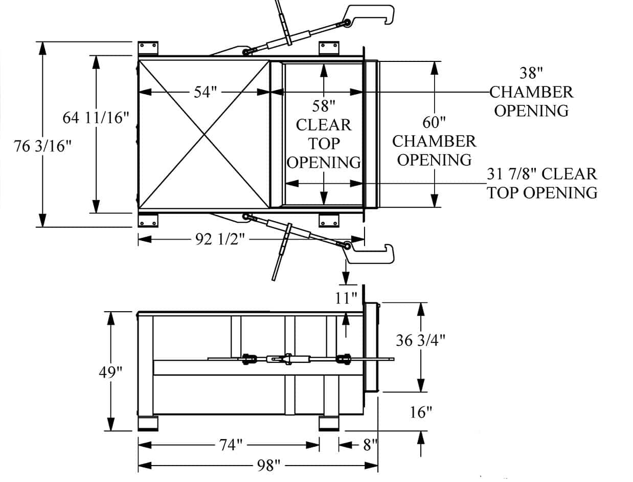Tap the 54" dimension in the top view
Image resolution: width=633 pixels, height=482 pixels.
click(x=206, y=92)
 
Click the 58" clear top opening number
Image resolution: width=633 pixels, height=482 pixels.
click(x=324, y=106)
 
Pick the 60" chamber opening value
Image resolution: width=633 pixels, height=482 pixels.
click(x=434, y=122)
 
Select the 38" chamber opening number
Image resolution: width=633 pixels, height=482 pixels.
click(x=532, y=73)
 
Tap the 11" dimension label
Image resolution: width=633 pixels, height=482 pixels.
click(x=346, y=298)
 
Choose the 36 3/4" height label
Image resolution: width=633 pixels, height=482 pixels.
click(x=420, y=340)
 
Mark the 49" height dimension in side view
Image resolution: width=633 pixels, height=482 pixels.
click(x=111, y=371)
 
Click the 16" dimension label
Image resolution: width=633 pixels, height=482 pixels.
click(x=421, y=412)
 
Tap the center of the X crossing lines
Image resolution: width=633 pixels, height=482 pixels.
click(x=204, y=134)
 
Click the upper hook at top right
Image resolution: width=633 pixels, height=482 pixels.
click(x=372, y=15)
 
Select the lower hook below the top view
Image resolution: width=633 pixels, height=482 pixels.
click(x=372, y=253)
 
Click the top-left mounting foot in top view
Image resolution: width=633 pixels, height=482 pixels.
click(x=148, y=48)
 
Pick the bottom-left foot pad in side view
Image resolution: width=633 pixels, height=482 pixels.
click(x=148, y=424)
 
